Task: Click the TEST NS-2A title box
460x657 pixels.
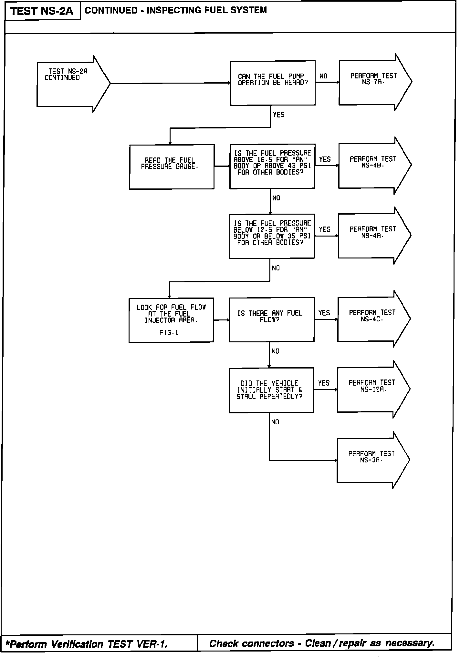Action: click(42, 12)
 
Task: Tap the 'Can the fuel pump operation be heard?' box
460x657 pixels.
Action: click(273, 83)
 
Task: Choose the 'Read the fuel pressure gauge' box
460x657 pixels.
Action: click(172, 167)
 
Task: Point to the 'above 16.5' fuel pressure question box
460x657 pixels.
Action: click(272, 166)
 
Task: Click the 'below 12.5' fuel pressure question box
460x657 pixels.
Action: click(272, 236)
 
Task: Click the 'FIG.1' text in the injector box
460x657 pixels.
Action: click(169, 333)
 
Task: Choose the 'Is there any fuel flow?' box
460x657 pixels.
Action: click(271, 319)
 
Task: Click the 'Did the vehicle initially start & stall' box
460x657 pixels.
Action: click(271, 390)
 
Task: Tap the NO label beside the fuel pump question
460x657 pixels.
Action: click(323, 76)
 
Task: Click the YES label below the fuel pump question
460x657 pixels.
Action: click(278, 115)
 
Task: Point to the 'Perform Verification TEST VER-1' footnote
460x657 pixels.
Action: click(87, 644)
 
